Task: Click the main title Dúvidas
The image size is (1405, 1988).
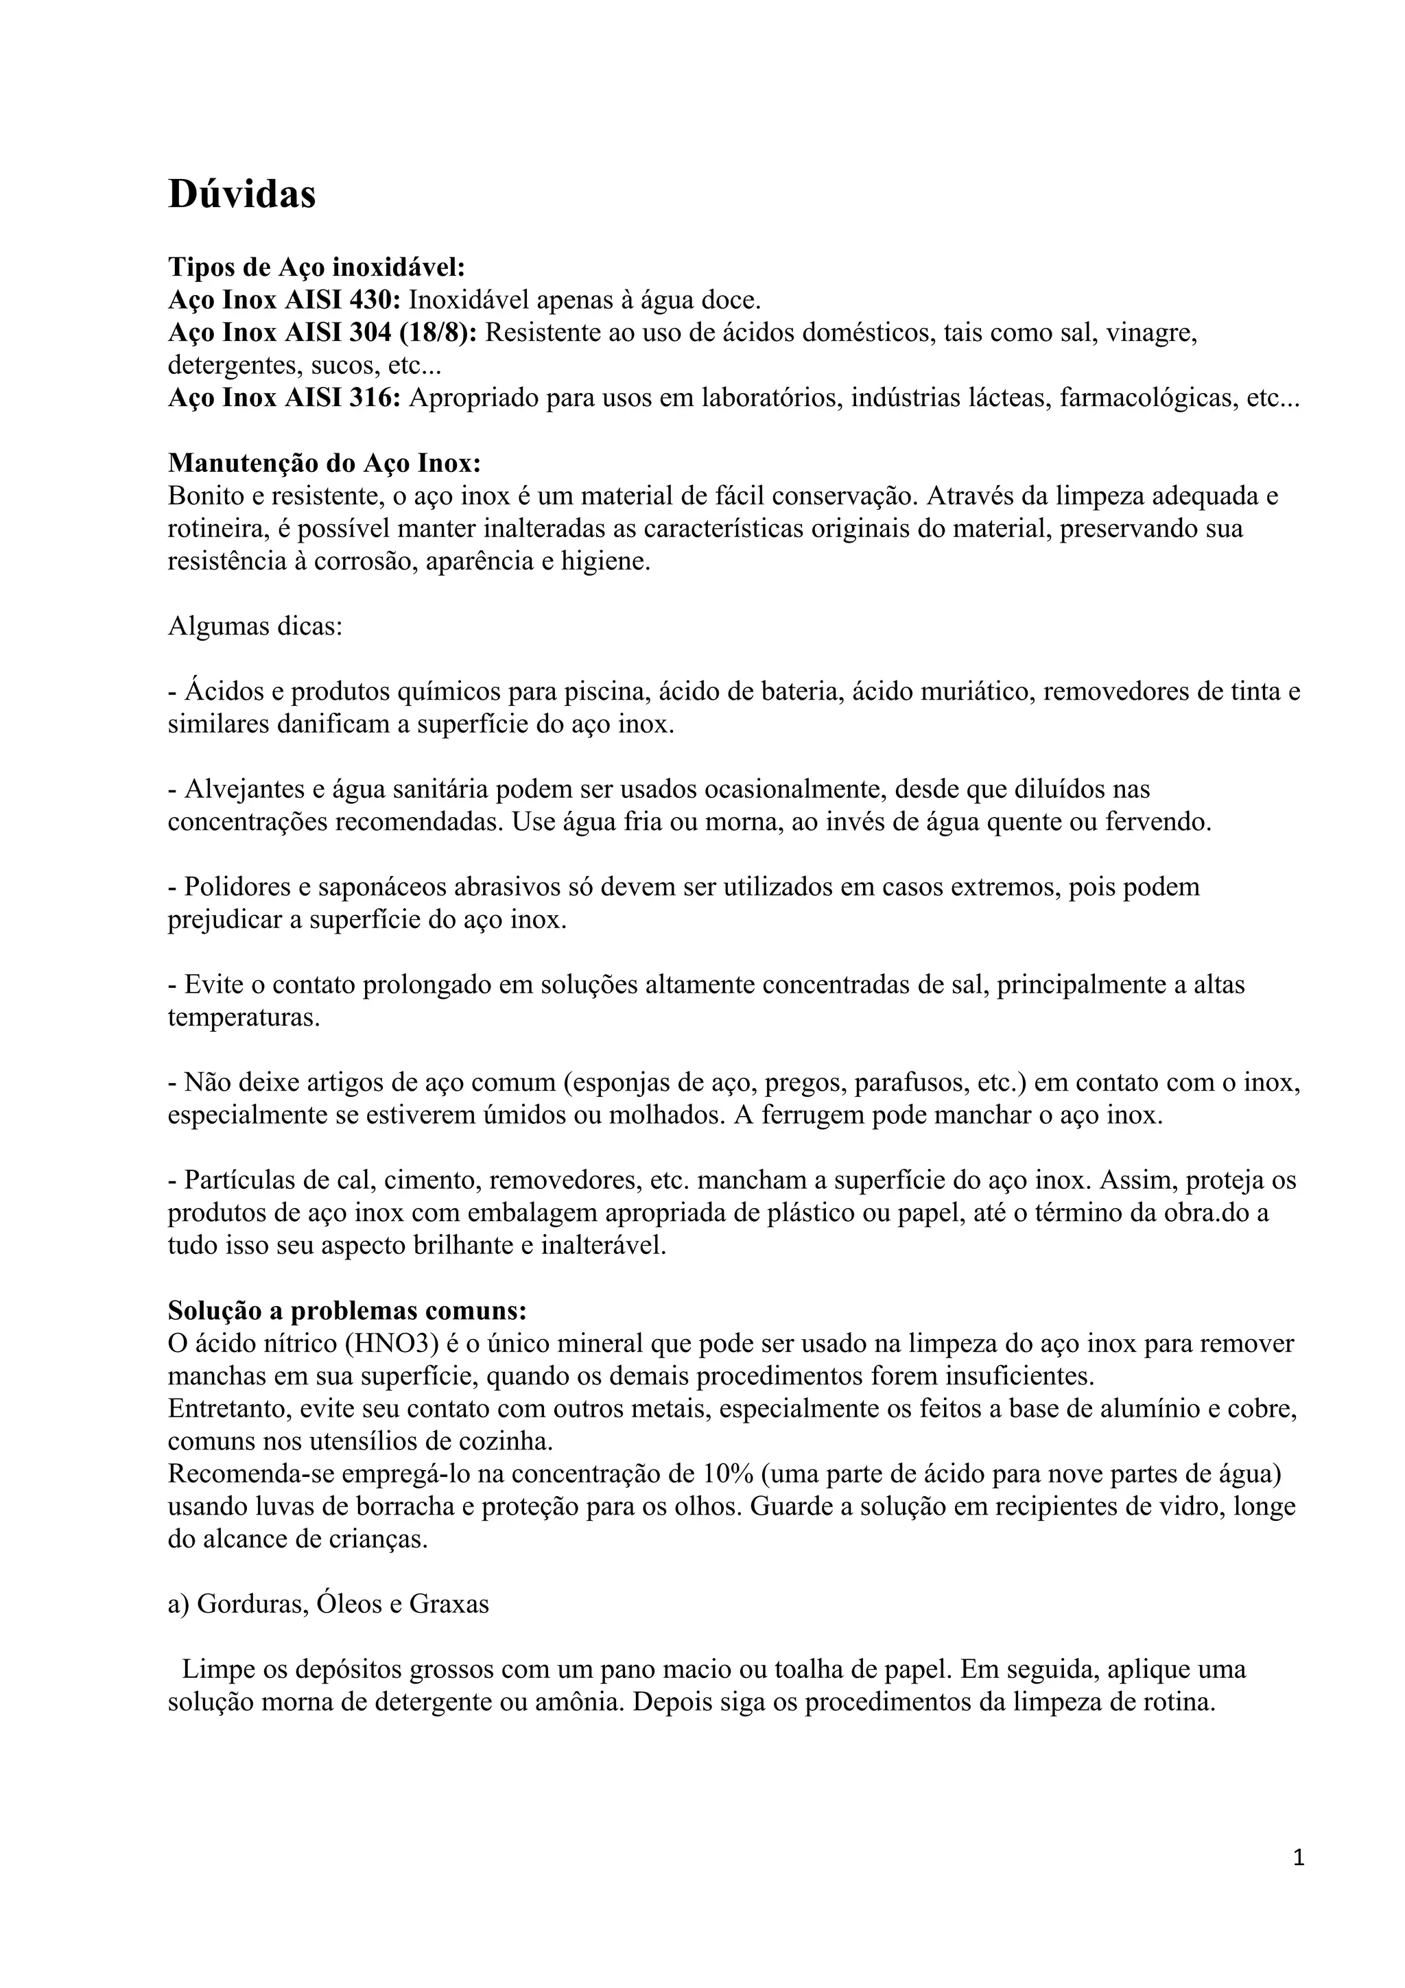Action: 241,194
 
